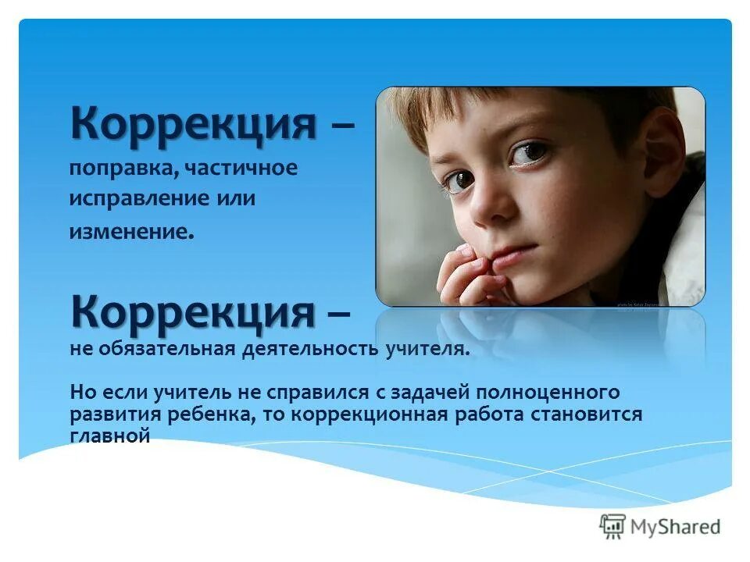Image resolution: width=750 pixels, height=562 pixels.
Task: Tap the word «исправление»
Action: pyautogui.click(x=130, y=199)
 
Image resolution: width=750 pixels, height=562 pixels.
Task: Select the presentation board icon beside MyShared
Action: pyautogui.click(x=612, y=527)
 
